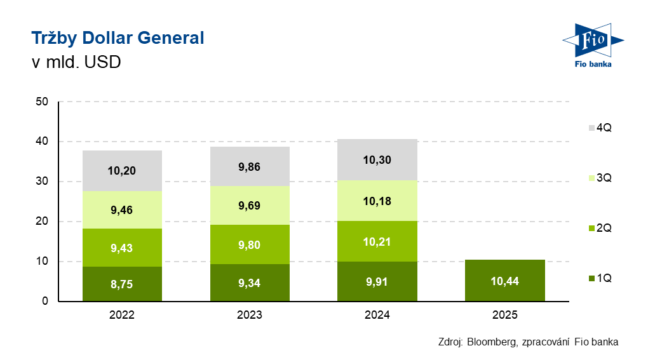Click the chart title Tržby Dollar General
click(118, 38)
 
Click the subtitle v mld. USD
click(76, 63)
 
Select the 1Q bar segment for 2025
click(504, 281)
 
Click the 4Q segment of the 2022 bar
click(122, 171)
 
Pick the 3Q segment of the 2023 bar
click(250, 205)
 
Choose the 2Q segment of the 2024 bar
click(377, 241)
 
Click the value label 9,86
click(250, 168)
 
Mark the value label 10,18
click(377, 201)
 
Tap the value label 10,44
click(504, 281)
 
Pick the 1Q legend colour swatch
click(591, 278)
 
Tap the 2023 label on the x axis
click(250, 315)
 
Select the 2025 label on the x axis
click(504, 315)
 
